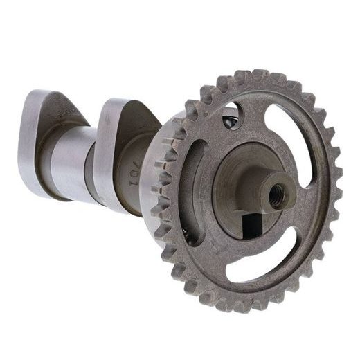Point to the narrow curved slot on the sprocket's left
195,187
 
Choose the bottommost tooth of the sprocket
239,305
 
